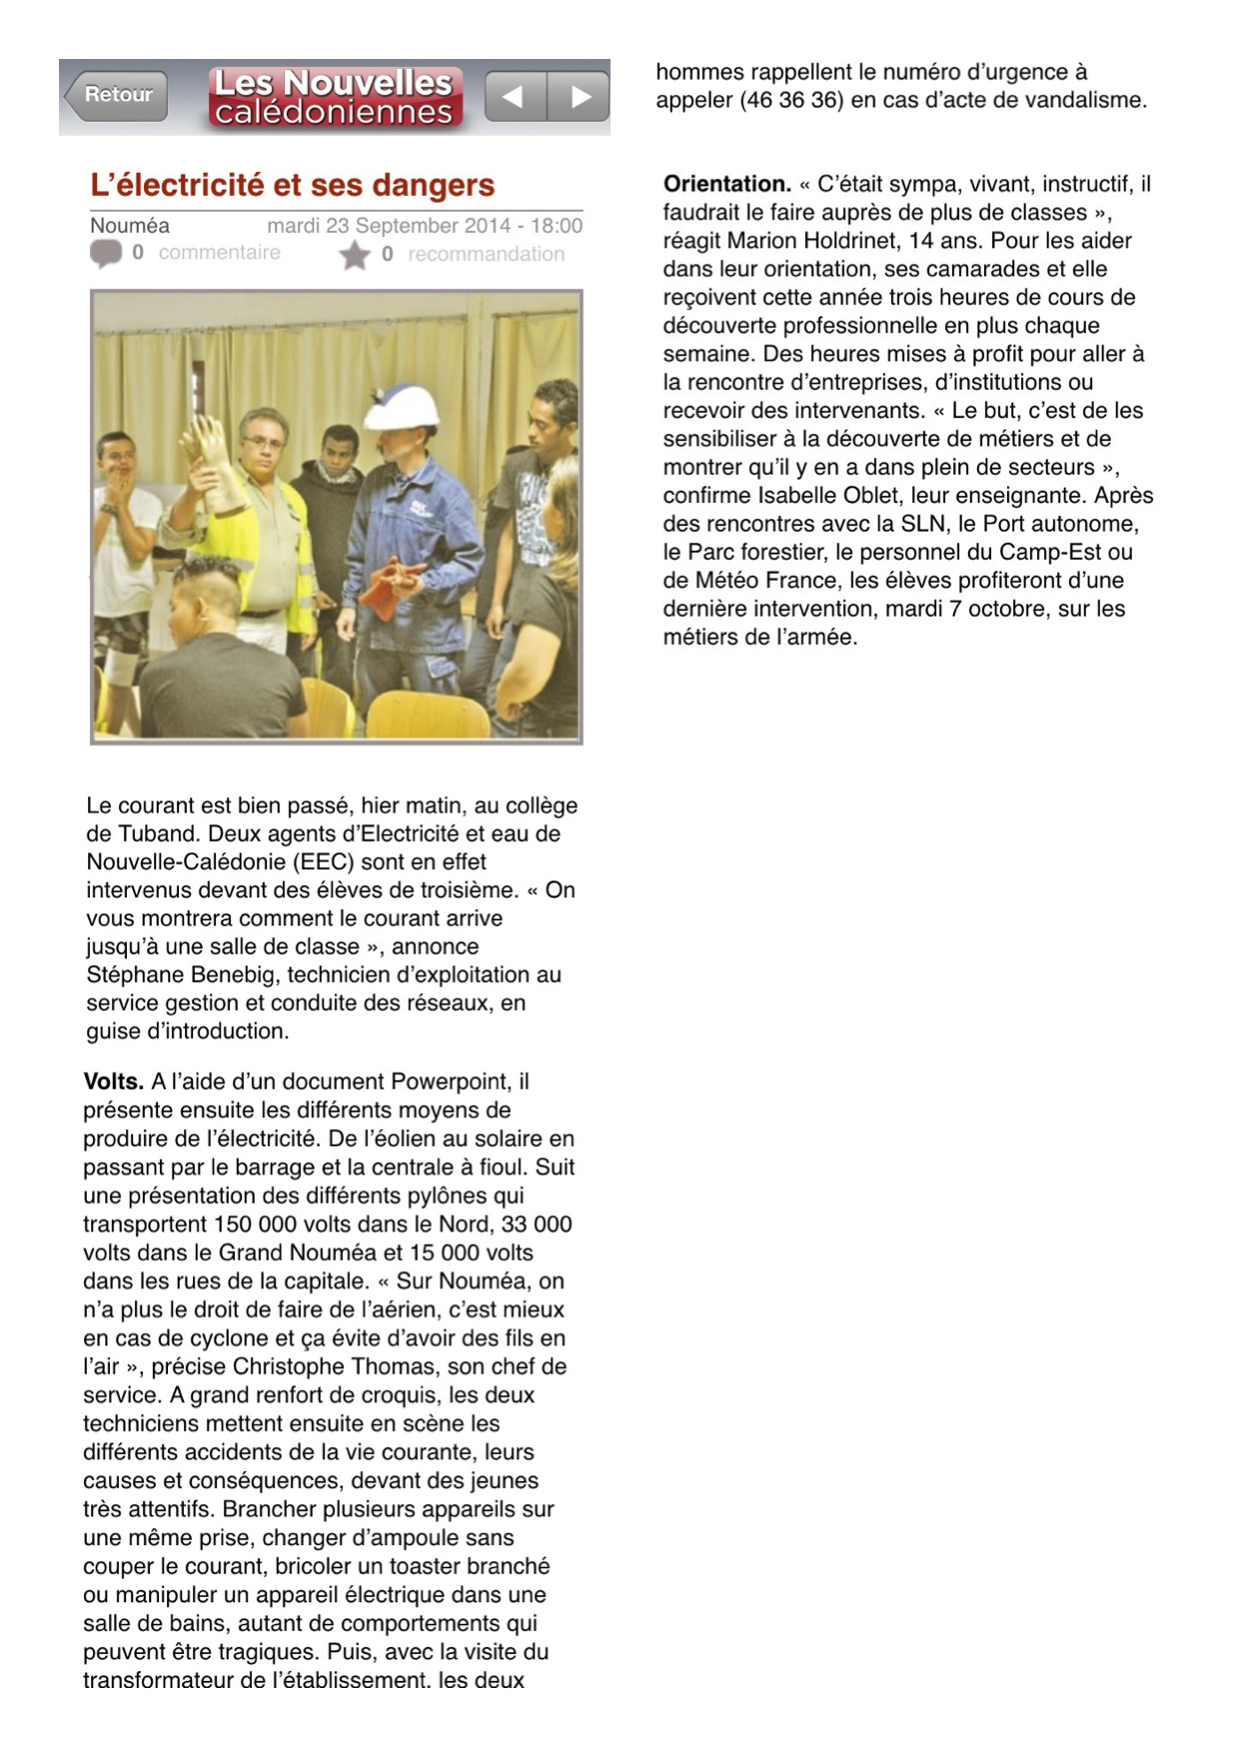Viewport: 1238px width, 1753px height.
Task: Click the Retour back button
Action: coord(116,95)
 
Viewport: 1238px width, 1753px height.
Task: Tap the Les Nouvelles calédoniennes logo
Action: coord(335,96)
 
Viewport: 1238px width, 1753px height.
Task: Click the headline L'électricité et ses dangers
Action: coord(293,185)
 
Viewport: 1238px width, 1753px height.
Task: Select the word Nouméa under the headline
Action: coord(130,226)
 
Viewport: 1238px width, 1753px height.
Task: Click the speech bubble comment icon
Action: coord(105,253)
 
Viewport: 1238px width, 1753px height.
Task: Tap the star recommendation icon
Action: coord(354,255)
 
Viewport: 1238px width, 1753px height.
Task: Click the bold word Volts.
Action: coord(113,1081)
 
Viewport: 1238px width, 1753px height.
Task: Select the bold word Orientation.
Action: coord(726,184)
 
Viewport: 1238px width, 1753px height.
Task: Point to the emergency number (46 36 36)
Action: coord(804,100)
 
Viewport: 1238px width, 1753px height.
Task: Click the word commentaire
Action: coord(219,253)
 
